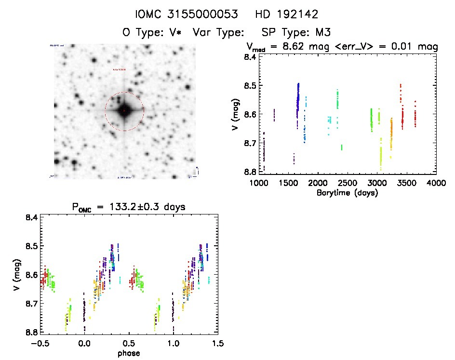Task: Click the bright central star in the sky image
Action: tap(124, 110)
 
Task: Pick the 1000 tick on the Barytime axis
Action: tap(259, 183)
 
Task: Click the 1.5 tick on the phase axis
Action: tap(218, 344)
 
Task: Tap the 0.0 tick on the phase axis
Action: tap(84, 344)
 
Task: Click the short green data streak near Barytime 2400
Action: tap(341, 147)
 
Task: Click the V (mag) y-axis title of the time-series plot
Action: tap(235, 114)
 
